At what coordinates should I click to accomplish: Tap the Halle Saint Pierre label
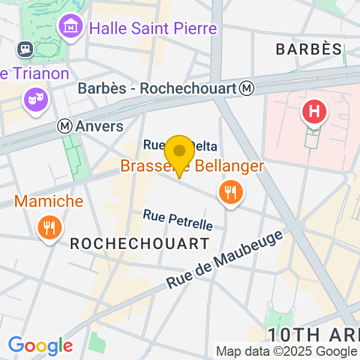(x=152, y=28)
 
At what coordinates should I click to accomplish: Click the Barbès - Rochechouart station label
(x=158, y=88)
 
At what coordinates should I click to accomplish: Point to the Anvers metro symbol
(x=65, y=126)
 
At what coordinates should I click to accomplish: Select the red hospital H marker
(x=314, y=111)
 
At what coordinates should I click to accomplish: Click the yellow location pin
(x=179, y=154)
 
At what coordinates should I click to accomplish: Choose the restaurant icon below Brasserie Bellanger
(x=230, y=193)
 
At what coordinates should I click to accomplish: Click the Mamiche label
(x=49, y=201)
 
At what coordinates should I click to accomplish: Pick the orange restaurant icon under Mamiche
(x=49, y=227)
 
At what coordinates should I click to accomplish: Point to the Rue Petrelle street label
(x=178, y=220)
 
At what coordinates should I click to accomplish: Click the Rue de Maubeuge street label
(x=225, y=260)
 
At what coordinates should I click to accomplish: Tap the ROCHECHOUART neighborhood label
(x=140, y=244)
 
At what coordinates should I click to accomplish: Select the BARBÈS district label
(x=308, y=49)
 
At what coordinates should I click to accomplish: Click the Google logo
(x=40, y=346)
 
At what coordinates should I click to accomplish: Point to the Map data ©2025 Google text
(x=286, y=352)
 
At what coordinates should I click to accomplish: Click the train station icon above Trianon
(x=26, y=48)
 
